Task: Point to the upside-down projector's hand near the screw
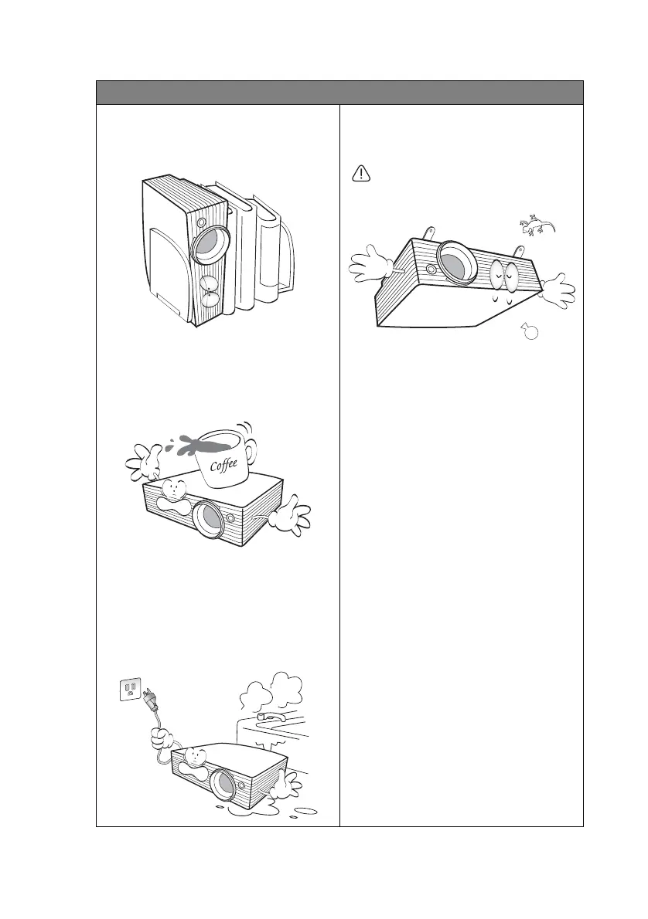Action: (x=556, y=290)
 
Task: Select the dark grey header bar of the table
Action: (x=339, y=92)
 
